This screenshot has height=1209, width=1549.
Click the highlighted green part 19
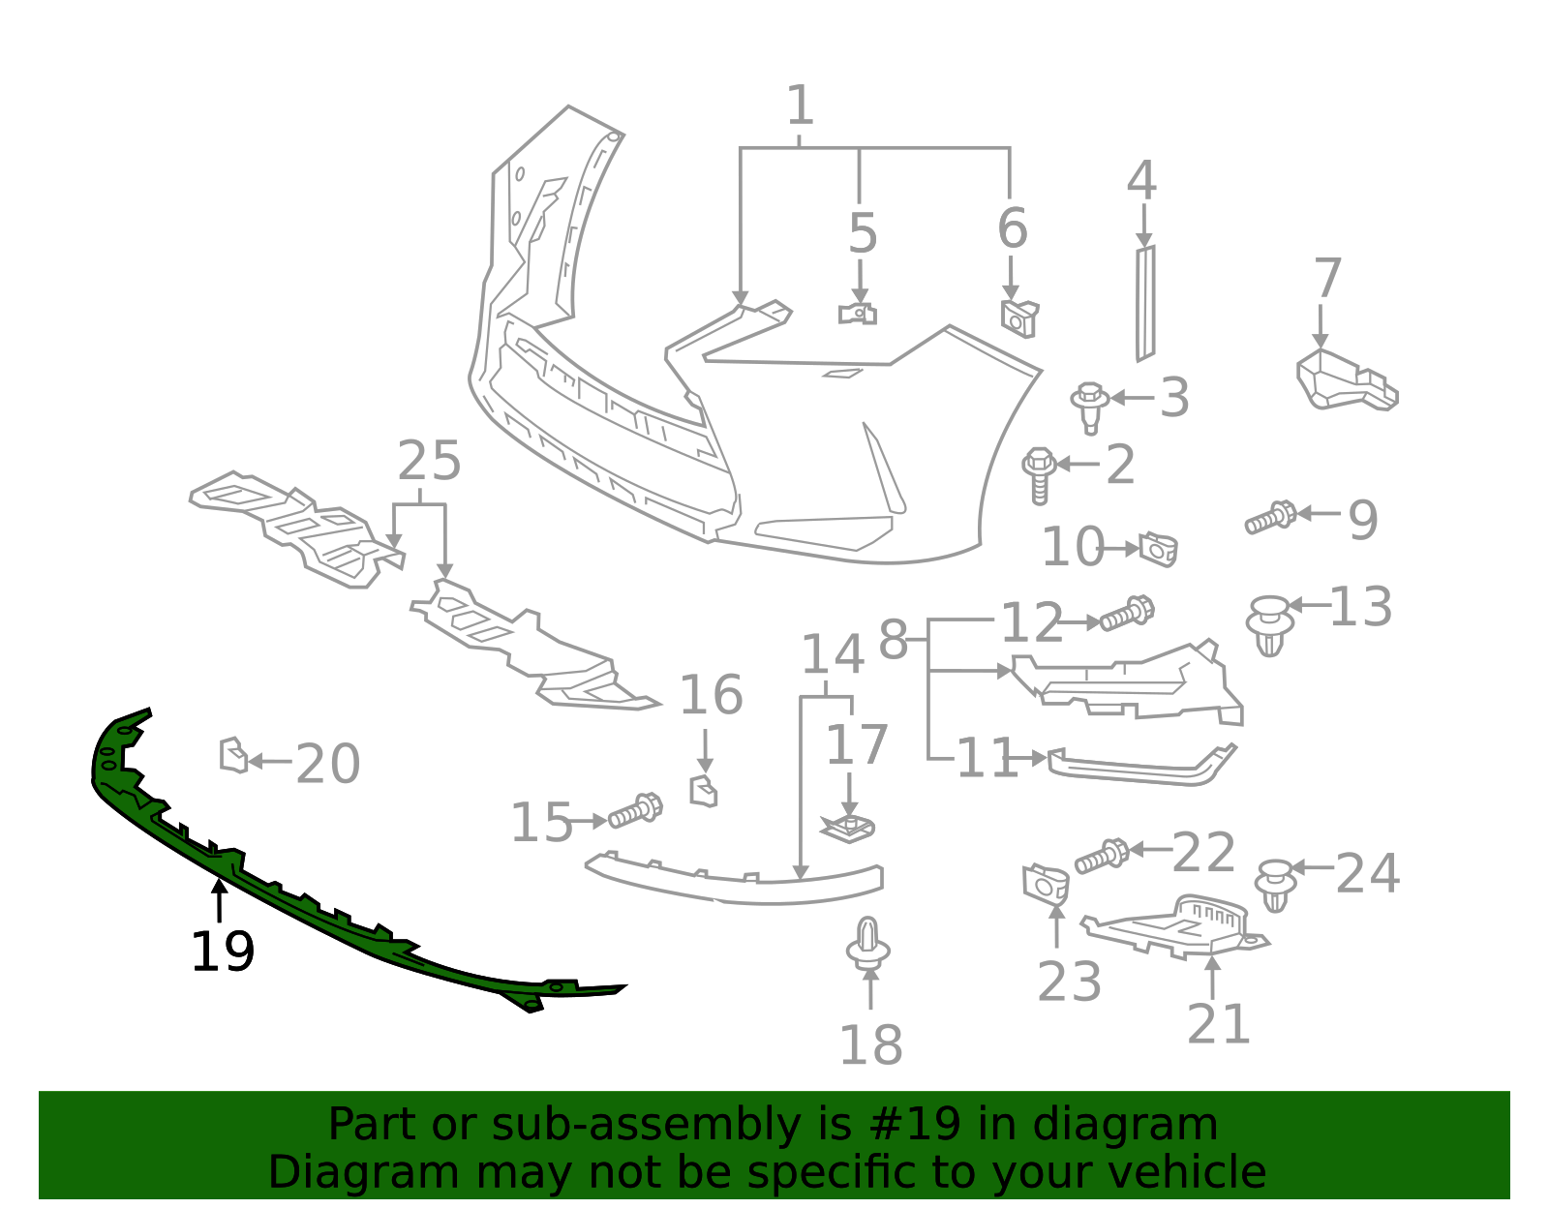(290, 900)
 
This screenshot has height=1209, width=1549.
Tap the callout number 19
(223, 952)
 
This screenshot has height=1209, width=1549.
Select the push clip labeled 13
(1269, 625)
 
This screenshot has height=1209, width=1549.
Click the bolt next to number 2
(1038, 474)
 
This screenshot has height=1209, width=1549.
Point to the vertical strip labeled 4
(1145, 302)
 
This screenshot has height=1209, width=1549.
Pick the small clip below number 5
(857, 314)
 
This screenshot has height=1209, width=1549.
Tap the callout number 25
(429, 461)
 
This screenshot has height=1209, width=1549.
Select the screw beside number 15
(635, 811)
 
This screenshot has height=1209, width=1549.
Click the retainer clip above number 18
(868, 944)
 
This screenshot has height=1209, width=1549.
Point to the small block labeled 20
(232, 756)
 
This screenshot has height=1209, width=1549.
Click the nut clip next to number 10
(1158, 549)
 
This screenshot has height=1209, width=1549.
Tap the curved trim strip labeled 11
(1142, 766)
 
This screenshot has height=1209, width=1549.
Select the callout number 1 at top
(800, 106)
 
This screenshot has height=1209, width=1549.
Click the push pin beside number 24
(1275, 884)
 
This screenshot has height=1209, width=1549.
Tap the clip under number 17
(848, 829)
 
